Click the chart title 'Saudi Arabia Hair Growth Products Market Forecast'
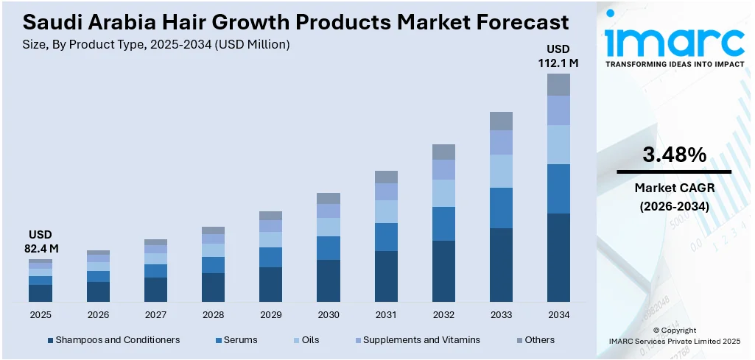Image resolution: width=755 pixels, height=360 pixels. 290,21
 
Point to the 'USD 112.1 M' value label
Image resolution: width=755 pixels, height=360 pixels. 558,56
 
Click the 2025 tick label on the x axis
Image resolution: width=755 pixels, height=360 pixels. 41,314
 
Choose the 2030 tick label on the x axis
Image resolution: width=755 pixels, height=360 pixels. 329,314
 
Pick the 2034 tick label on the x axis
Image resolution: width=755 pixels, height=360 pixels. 558,314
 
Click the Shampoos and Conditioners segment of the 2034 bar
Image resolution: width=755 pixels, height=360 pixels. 558,258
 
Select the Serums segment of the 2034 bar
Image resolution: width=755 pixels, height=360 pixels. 558,188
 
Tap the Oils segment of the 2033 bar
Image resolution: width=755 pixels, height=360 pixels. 501,171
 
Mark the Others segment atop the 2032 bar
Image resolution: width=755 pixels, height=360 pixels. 443,152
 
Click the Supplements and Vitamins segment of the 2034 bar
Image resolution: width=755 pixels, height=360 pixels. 558,110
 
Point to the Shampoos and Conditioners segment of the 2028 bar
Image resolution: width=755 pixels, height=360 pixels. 213,287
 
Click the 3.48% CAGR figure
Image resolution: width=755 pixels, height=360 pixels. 674,155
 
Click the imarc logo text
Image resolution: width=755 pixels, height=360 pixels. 674,42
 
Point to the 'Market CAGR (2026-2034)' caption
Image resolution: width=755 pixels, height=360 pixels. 674,197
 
